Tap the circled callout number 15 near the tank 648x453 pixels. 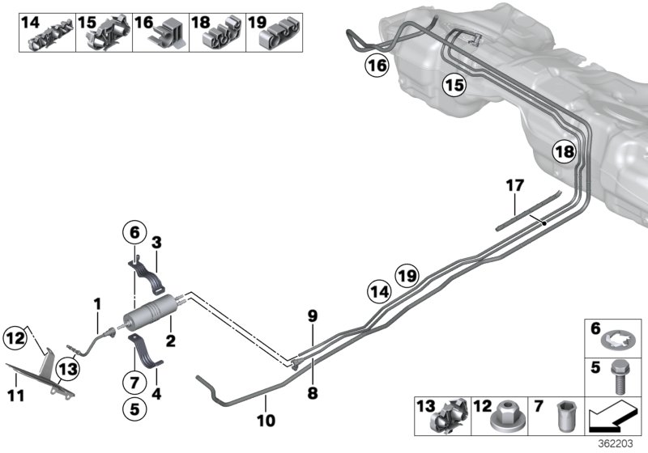[454, 84]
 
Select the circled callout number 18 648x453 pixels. [565, 150]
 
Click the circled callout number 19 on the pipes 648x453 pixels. [407, 276]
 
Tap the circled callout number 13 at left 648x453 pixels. [68, 370]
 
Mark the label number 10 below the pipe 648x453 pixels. [266, 421]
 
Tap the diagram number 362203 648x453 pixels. [624, 444]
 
